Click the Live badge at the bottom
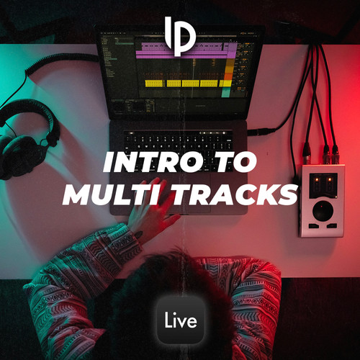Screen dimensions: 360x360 click(180, 320)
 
